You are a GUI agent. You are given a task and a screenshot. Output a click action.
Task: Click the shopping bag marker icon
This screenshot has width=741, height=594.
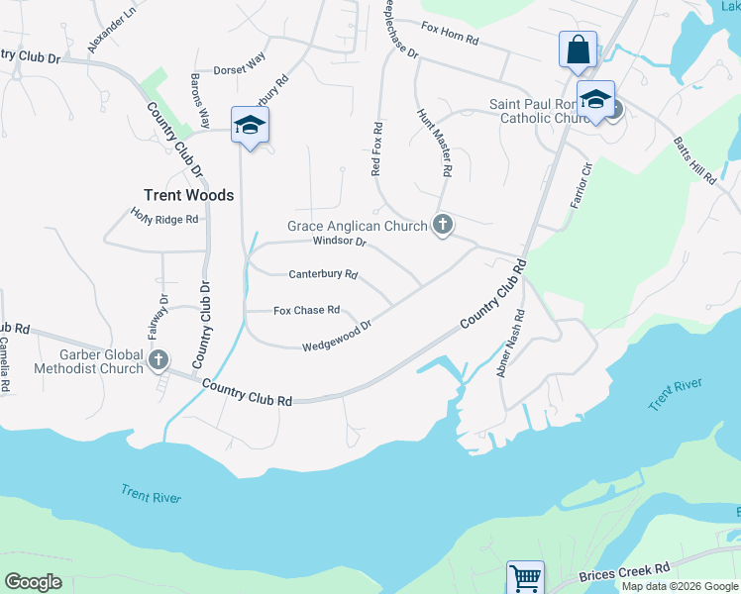pos(578,49)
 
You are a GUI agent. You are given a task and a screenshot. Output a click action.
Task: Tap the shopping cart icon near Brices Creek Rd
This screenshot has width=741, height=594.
pos(525,577)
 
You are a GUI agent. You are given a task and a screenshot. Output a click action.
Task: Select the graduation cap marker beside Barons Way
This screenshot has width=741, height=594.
pos(250,126)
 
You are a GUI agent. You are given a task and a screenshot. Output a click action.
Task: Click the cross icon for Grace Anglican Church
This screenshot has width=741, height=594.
pos(442,226)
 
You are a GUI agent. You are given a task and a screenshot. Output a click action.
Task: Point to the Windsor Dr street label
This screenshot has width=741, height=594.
pos(339,242)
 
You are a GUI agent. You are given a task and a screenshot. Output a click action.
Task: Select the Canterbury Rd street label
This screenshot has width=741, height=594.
pos(323,274)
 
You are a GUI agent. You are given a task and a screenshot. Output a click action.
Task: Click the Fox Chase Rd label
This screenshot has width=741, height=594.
pos(306,310)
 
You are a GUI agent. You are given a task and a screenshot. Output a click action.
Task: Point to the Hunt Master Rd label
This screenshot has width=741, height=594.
pos(435,144)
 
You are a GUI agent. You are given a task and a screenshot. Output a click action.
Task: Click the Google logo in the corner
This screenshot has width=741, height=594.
pos(33,581)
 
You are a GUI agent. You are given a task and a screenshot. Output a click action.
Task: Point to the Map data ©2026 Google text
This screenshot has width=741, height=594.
pos(681,586)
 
